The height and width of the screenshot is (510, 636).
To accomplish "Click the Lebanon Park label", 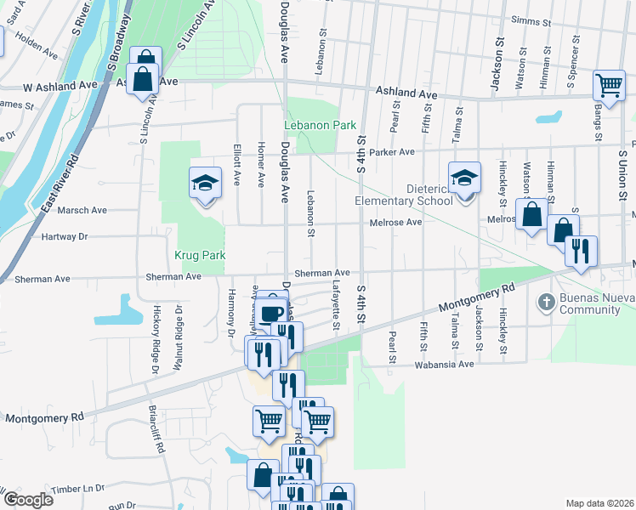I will tap(321, 125).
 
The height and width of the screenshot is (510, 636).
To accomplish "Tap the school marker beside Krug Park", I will tap(205, 184).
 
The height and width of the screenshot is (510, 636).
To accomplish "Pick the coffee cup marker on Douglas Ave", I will tap(272, 313).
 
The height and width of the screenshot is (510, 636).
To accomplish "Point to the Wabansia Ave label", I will tap(443, 364).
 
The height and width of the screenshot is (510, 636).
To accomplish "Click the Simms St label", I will tap(531, 20).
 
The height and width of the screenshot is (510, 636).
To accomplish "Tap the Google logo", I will tap(27, 499).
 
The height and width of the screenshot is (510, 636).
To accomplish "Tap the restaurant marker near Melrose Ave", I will tap(581, 251).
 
